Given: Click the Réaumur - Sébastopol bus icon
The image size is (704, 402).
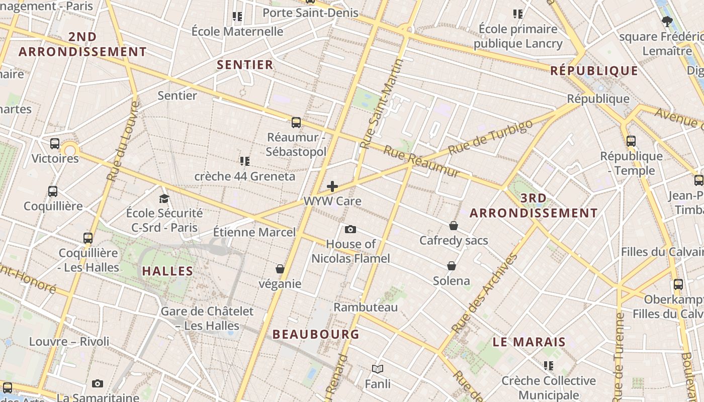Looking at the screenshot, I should pyautogui.click(x=296, y=122).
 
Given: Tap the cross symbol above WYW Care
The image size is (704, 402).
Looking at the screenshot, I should pyautogui.click(x=332, y=186).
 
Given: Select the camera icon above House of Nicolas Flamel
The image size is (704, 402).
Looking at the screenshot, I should pyautogui.click(x=350, y=230).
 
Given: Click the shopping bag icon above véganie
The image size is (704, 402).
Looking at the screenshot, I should pyautogui.click(x=280, y=269).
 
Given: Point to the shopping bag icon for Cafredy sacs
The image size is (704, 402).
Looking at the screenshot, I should pyautogui.click(x=454, y=226).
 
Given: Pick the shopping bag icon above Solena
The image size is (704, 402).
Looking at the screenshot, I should pyautogui.click(x=452, y=266).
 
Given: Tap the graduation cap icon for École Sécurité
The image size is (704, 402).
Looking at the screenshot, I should pyautogui.click(x=164, y=198).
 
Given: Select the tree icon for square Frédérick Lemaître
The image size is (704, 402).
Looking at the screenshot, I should pyautogui.click(x=667, y=22).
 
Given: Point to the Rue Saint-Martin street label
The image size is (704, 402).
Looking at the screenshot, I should pyautogui.click(x=382, y=104).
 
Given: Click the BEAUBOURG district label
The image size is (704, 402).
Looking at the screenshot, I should pyautogui.click(x=316, y=334).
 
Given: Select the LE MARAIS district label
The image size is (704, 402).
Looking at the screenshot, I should pyautogui.click(x=529, y=342).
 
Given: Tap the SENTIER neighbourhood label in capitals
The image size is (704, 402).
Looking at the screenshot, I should pyautogui.click(x=245, y=64).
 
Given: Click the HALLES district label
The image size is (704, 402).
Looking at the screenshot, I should pyautogui.click(x=167, y=271).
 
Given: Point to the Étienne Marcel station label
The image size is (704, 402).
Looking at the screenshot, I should pyautogui.click(x=254, y=232).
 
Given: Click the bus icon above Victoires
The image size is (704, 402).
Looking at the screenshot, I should pyautogui.click(x=55, y=144).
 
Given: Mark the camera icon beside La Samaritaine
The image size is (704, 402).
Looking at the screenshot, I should pyautogui.click(x=98, y=384).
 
